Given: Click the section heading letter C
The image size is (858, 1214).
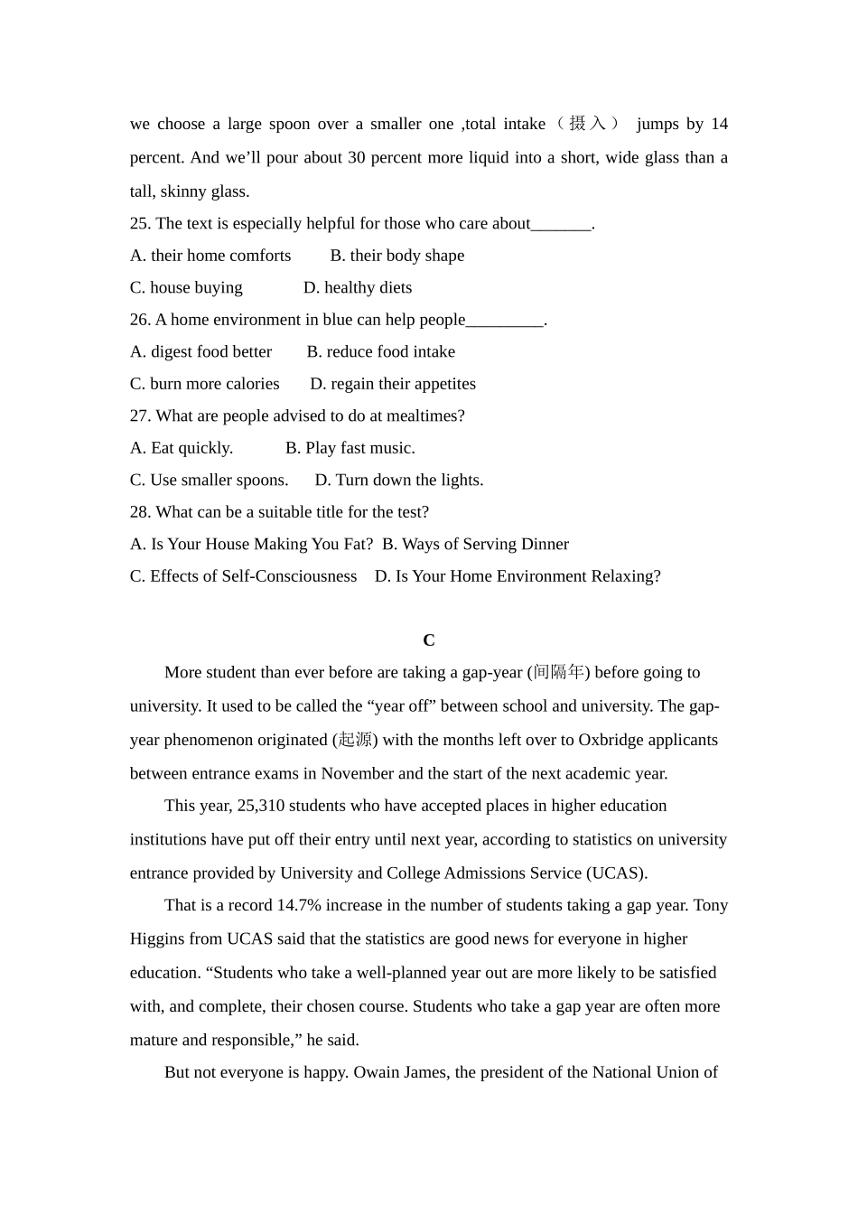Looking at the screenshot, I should [429, 640].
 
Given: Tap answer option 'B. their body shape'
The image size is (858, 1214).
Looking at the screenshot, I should [397, 256].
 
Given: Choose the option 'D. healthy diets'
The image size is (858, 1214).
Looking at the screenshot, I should [358, 287].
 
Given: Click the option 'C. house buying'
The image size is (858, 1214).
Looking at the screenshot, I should [186, 287].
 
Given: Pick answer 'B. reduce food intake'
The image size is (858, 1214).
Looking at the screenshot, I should [380, 351].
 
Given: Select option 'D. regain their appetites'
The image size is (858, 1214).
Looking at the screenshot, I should [393, 384].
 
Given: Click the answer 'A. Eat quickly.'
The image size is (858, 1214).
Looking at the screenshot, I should [182, 448].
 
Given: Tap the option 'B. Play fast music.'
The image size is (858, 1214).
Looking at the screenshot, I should [350, 448].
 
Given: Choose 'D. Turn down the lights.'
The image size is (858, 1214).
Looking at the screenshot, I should [399, 480].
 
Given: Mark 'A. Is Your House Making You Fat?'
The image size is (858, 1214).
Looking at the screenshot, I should [251, 544].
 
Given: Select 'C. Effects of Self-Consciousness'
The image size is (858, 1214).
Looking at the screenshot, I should [243, 576].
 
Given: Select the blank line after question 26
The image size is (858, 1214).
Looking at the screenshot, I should [505, 321].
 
